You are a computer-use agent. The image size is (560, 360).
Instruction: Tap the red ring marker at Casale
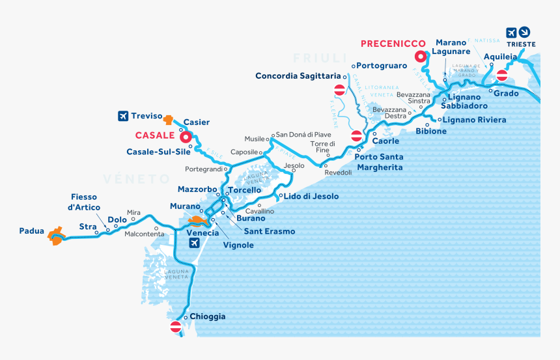184,137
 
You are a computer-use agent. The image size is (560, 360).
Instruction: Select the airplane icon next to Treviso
122,117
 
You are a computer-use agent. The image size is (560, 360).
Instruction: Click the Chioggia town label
208,316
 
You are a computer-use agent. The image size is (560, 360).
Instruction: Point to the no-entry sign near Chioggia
175,327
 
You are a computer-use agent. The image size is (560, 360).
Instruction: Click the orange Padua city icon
57,236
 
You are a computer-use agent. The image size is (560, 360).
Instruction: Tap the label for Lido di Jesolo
311,196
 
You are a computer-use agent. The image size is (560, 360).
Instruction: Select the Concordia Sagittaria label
298,76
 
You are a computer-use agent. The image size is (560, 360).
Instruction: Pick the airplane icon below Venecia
194,243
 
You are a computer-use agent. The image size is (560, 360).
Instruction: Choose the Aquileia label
500,57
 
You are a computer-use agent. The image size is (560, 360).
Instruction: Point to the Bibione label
431,131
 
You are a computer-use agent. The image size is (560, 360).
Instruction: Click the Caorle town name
385,141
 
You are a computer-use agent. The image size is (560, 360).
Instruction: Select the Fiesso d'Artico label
85,202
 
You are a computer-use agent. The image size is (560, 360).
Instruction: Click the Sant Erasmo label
269,231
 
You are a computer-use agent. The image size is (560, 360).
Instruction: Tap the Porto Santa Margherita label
378,162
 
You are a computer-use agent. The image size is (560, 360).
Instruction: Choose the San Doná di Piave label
303,134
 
